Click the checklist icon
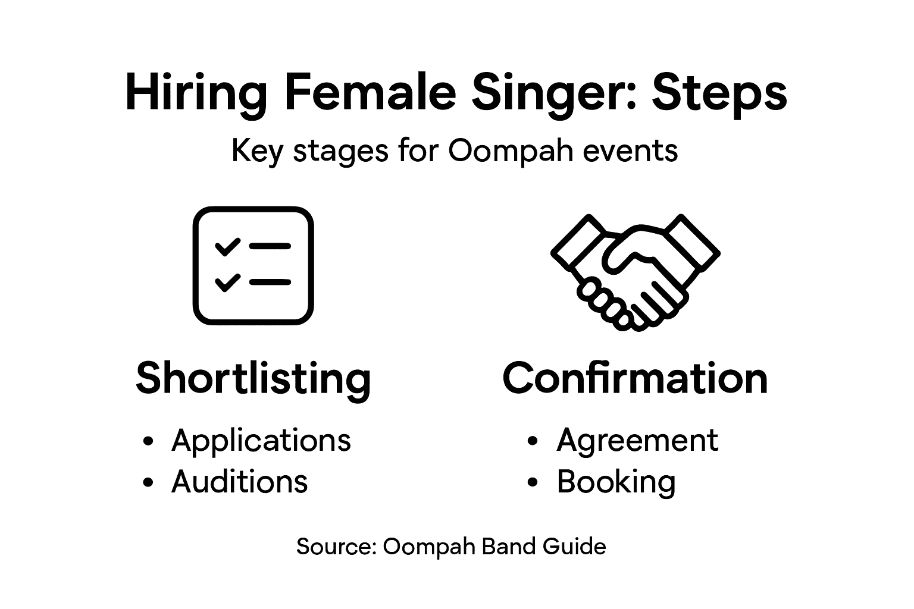click(253, 265)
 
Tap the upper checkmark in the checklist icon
click(227, 246)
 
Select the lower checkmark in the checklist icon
click(227, 282)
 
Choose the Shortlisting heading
click(253, 378)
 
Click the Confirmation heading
click(635, 378)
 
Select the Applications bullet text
click(261, 441)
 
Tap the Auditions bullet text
click(239, 481)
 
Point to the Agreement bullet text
click(637, 441)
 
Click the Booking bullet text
click(616, 482)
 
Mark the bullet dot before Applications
click(149, 441)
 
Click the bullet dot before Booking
click(533, 482)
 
